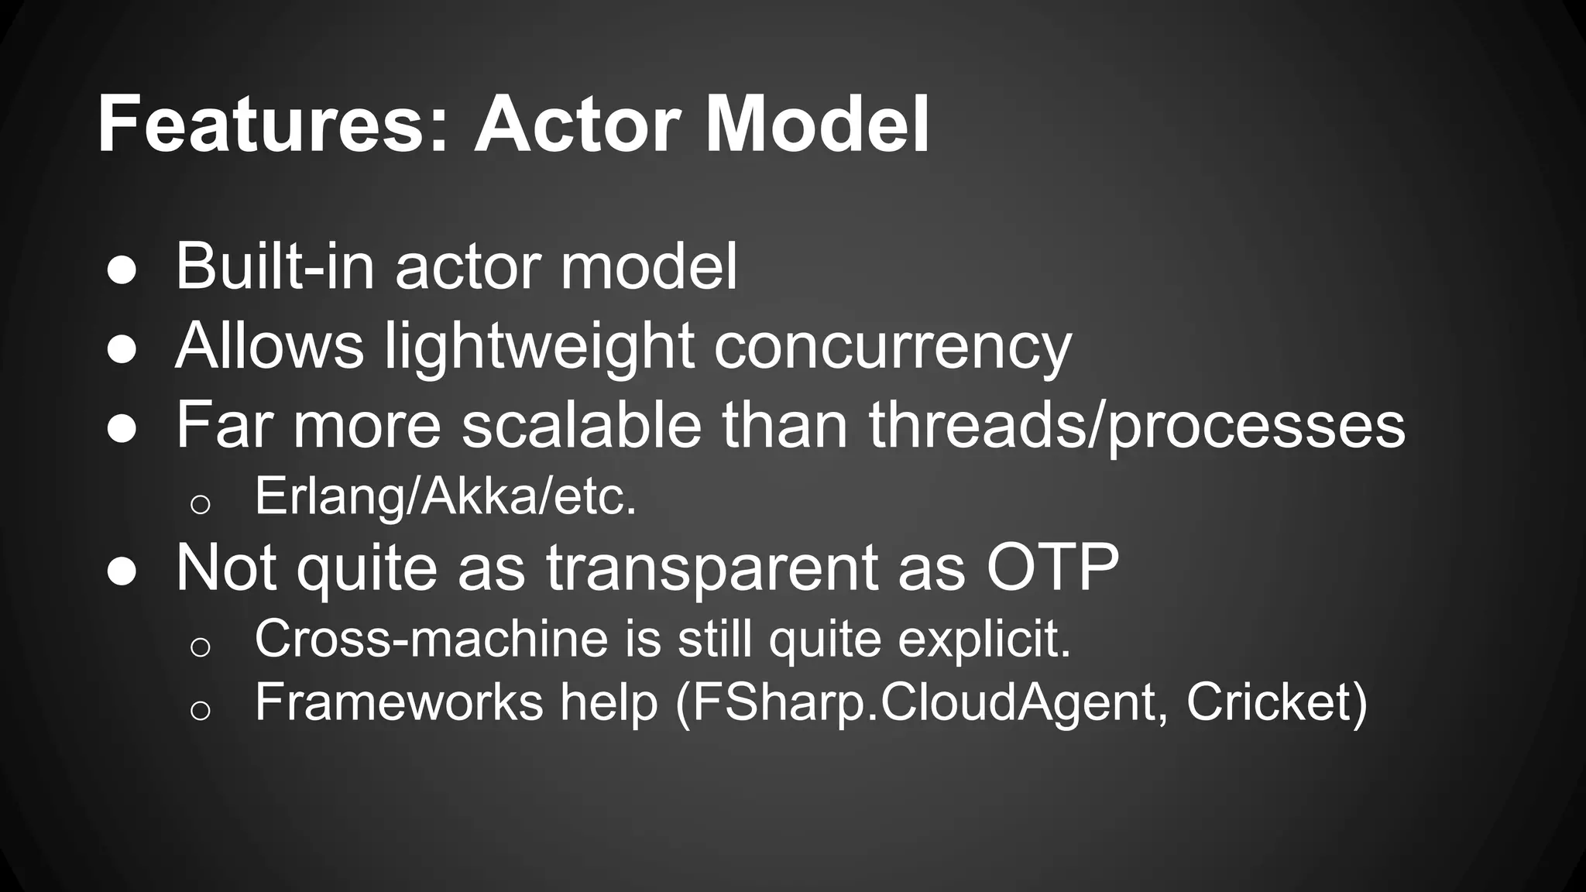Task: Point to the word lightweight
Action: [x=539, y=346]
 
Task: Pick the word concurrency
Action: [x=892, y=346]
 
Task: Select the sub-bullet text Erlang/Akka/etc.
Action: [x=445, y=496]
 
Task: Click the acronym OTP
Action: [x=1052, y=568]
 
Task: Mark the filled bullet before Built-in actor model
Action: [x=122, y=272]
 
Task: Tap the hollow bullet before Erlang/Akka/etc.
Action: [x=200, y=504]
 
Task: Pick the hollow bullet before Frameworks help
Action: [x=200, y=709]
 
